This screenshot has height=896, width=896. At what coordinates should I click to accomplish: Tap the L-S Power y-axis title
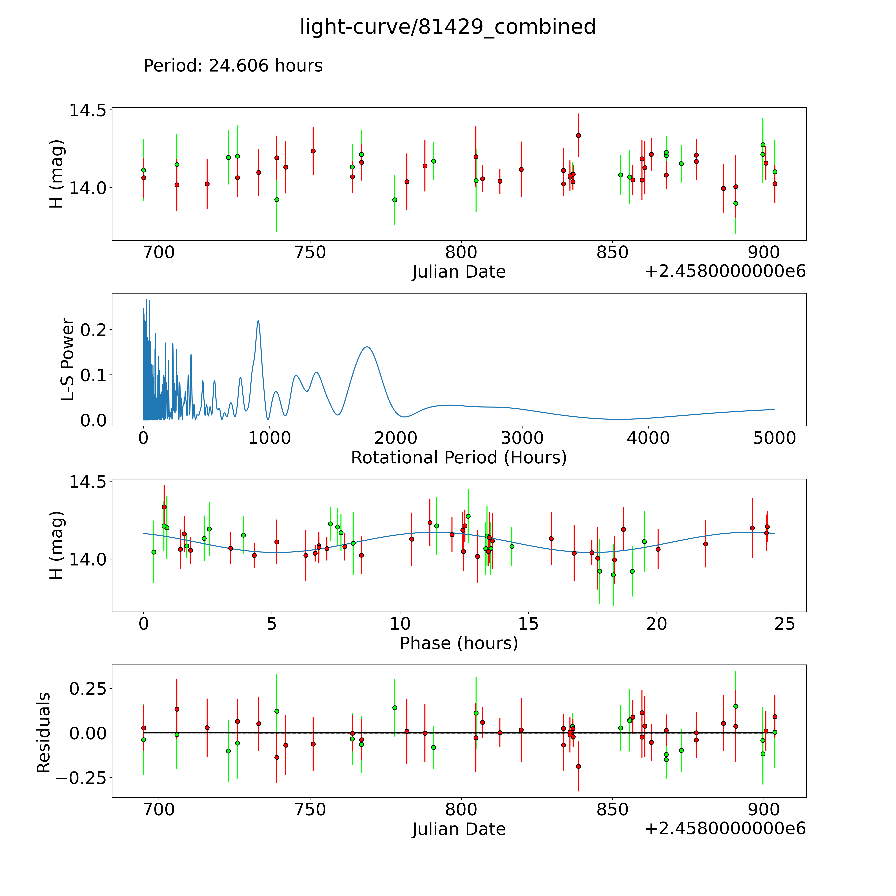click(68, 359)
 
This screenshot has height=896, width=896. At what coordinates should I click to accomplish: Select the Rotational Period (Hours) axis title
click(459, 458)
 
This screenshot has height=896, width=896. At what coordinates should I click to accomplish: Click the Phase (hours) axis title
click(459, 643)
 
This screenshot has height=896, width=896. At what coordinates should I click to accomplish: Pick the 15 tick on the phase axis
click(528, 624)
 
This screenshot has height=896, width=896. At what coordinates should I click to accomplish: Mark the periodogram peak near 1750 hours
click(367, 347)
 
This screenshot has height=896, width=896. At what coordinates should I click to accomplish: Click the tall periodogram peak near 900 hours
click(258, 321)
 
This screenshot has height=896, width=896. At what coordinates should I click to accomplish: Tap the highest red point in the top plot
click(578, 135)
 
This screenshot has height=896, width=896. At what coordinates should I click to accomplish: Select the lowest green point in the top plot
click(736, 203)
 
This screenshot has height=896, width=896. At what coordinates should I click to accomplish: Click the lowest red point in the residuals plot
click(578, 766)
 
